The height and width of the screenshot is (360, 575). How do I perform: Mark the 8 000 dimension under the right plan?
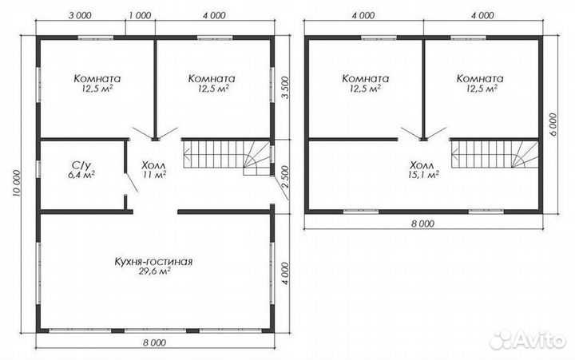tap(422, 224)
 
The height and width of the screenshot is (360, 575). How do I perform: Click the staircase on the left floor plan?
tap(228, 156)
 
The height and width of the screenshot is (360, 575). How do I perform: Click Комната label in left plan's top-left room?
tap(97, 79)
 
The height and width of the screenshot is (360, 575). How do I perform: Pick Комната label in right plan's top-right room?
tap(480, 79)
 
